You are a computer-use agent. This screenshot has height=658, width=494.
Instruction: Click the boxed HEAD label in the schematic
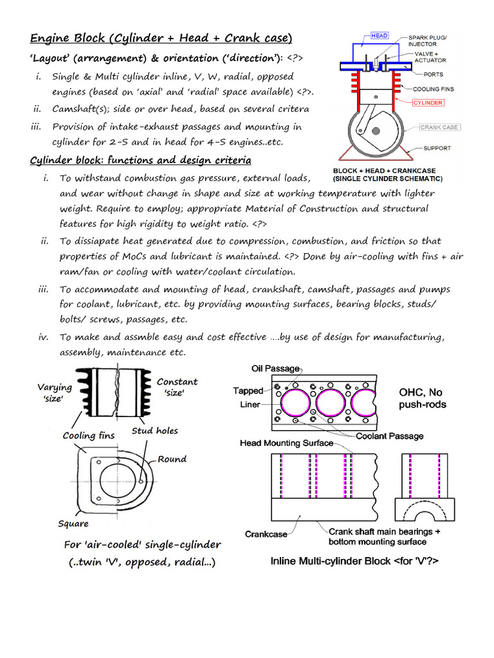coord(379,37)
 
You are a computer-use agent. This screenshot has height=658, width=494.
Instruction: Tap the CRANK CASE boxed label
coord(439,127)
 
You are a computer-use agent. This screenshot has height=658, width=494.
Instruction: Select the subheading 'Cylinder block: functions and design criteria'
coord(141,159)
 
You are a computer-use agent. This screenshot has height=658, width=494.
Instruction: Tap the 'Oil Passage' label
coord(275,368)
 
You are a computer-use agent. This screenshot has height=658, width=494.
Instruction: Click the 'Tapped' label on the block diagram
coord(248,391)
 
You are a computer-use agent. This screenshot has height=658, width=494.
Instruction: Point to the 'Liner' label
coord(250,405)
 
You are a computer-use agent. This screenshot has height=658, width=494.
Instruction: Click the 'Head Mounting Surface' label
coord(286,443)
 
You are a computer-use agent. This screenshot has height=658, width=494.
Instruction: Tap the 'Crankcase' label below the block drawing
coord(266,534)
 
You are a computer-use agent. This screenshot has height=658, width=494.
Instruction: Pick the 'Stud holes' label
coord(154,431)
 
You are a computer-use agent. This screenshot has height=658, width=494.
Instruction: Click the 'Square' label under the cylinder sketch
coord(73,524)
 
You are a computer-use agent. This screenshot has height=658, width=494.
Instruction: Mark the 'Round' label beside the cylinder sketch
coord(172,459)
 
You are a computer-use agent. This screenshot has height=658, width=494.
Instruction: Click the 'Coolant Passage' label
coord(390,436)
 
